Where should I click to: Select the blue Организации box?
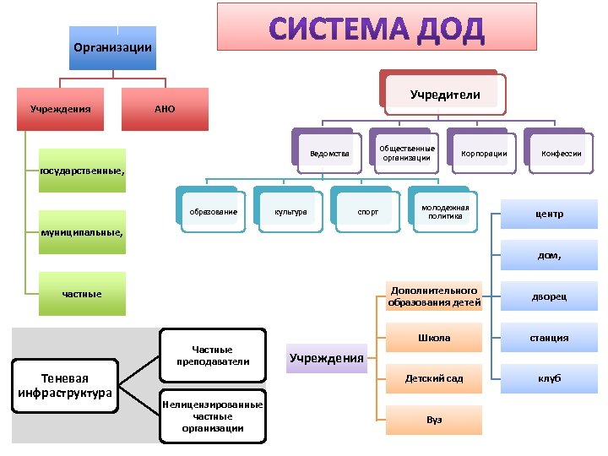coord(113,46)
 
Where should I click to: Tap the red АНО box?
coord(165,109)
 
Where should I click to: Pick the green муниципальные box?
coord(82,231)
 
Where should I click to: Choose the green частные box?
coord(82,294)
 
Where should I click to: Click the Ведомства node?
coord(329,154)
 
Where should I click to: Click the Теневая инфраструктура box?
coord(65,385)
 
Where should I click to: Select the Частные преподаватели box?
coord(213,356)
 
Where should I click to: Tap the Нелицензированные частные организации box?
coord(213,415)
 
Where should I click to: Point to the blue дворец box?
coord(549,297)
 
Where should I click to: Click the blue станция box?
coord(549,338)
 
